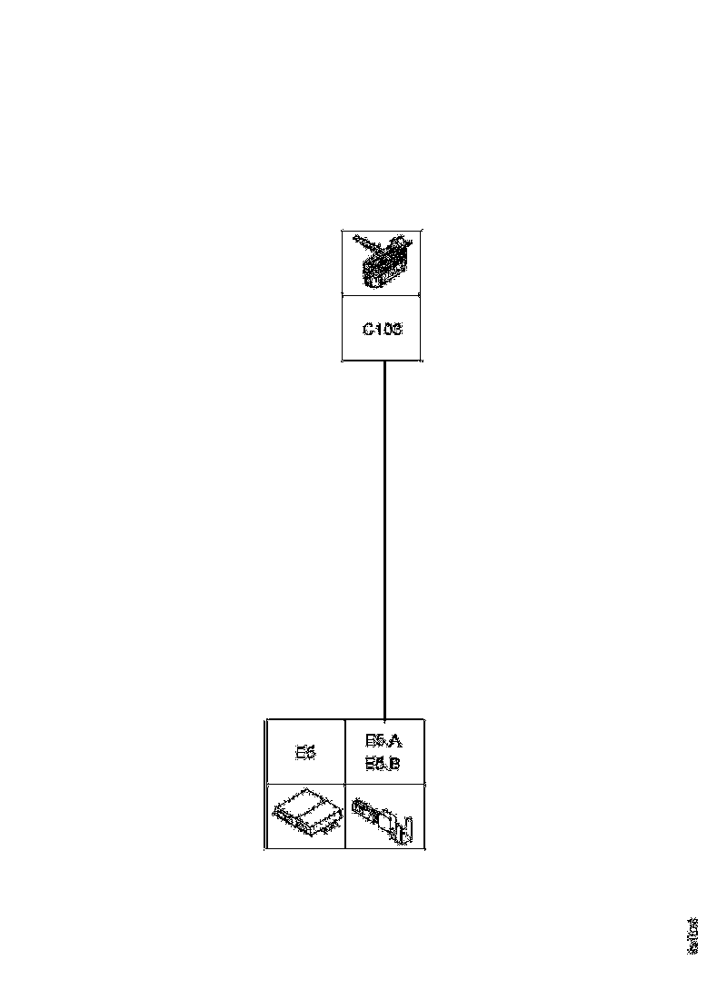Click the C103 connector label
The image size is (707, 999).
pos(382,329)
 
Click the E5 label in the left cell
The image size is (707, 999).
pos(305,753)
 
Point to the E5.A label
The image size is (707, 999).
pos(383,742)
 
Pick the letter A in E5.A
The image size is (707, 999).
pos(395,742)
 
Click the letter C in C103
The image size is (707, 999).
pos(368,329)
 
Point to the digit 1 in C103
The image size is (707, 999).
pos(378,329)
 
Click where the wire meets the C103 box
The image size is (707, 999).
pos(385,361)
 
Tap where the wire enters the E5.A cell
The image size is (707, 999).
pos(385,719)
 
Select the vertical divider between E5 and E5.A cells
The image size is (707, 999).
pos(345,752)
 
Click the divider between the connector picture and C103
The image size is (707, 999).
pos(382,294)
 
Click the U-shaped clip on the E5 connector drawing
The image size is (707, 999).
pos(408,828)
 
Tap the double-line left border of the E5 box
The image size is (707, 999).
pos(266,784)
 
